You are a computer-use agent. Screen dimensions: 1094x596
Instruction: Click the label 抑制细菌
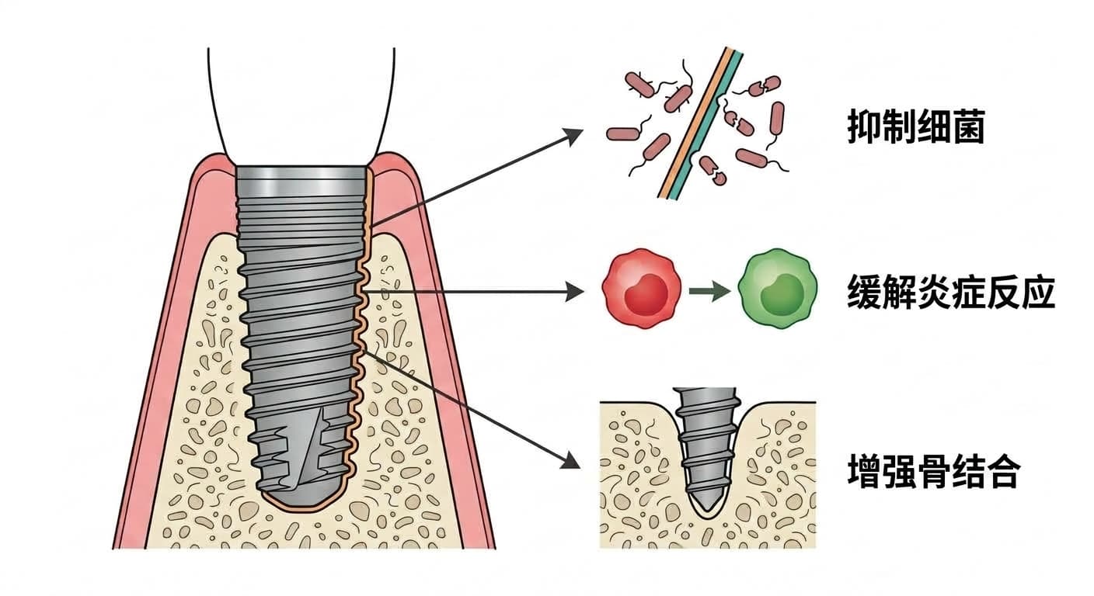point(916,126)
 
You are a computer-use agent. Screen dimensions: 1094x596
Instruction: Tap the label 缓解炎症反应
point(951,292)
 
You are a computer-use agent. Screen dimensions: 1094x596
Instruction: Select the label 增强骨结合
point(933,471)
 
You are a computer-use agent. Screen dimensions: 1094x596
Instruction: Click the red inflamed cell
point(641,288)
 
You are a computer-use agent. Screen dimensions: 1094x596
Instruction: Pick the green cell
point(777,288)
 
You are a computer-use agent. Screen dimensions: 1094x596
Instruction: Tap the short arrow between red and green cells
point(709,291)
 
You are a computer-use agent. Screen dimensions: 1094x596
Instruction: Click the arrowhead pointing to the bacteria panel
point(573,136)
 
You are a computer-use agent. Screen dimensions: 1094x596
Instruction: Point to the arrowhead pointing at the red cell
point(575,292)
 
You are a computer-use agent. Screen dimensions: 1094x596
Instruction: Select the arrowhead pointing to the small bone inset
point(570,461)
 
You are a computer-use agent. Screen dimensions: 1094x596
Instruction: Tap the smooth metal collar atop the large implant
point(301,181)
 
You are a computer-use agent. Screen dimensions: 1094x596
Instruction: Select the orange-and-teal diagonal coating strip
point(701,123)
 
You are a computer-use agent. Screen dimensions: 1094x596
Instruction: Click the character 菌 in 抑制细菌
point(968,126)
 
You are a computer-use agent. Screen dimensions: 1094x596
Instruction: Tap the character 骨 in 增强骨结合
point(933,471)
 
